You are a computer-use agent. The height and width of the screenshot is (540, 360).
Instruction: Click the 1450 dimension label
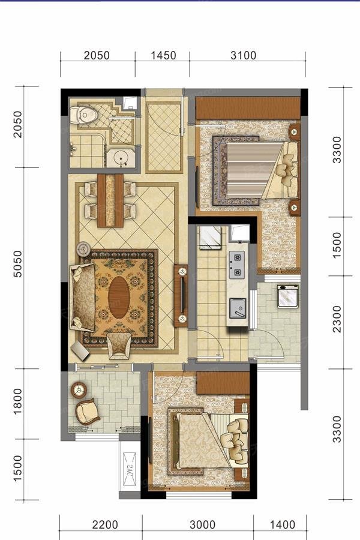pos(163,55)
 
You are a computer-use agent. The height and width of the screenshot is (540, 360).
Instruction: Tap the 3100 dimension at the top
pos(243,55)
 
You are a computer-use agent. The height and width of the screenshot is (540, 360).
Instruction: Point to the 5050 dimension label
pos(17,264)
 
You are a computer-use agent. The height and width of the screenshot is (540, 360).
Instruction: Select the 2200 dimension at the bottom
pos(105,525)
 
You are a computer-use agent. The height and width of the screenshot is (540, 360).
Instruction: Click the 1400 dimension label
pos(282,525)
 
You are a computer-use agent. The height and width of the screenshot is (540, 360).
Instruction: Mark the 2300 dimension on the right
pos(337,319)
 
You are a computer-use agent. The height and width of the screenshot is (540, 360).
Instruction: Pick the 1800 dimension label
pos(17,401)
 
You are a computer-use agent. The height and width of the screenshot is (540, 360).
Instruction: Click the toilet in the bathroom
pos(83,115)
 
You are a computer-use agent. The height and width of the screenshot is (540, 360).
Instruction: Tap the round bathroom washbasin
pos(121,158)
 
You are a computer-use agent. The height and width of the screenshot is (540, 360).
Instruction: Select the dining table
pos(110,200)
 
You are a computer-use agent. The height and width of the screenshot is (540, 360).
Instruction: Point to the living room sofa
pos(83,297)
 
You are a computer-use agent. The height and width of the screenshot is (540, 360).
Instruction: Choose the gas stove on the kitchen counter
pos(237,265)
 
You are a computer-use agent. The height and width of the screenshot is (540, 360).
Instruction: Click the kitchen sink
pos(238,308)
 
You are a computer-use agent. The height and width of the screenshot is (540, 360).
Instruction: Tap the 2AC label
pos(129,469)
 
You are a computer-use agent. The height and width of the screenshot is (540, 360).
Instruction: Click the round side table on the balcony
pos(79,390)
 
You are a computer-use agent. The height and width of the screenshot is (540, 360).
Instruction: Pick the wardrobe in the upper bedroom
pos(248,108)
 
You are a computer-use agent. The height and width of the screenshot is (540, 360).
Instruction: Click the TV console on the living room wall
pos(181,295)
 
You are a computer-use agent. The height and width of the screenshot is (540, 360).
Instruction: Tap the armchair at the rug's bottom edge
pos(119,346)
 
